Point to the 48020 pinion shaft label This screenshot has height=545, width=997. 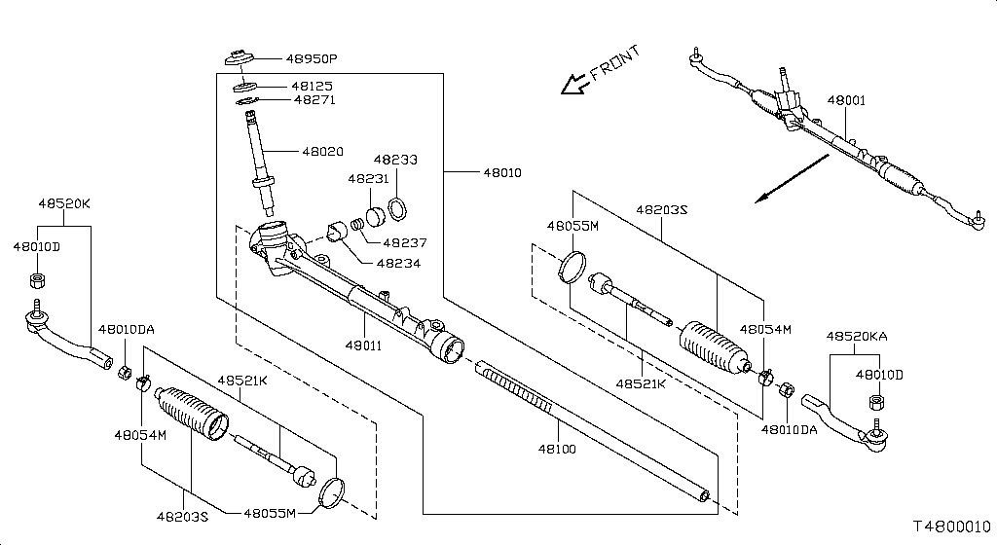point(322,152)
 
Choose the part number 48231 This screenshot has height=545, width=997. point(367,179)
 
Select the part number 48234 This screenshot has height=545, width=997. point(399,263)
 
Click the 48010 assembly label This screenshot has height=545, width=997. point(501,172)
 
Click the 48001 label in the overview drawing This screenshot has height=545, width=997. point(846,100)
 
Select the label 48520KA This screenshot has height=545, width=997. point(856,335)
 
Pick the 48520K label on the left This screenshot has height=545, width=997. point(64,204)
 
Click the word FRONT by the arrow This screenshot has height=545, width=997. point(614,65)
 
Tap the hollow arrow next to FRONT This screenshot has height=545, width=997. point(572,86)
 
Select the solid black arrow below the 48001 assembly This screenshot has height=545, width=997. point(792,180)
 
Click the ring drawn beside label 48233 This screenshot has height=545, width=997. point(398,208)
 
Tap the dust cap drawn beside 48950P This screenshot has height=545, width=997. point(239,57)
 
